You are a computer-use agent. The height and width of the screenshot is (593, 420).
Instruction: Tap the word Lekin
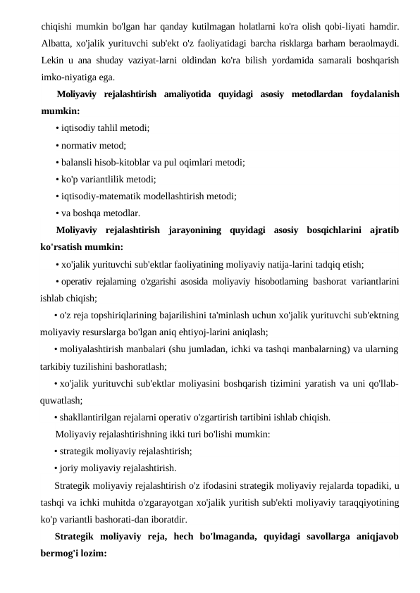51,61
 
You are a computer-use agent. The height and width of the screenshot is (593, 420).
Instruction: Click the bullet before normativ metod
56,146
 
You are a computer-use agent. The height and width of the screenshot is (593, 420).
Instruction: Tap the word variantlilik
102,179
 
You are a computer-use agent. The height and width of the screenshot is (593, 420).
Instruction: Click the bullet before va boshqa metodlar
56,213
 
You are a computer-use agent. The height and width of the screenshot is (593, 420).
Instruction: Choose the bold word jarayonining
200,230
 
